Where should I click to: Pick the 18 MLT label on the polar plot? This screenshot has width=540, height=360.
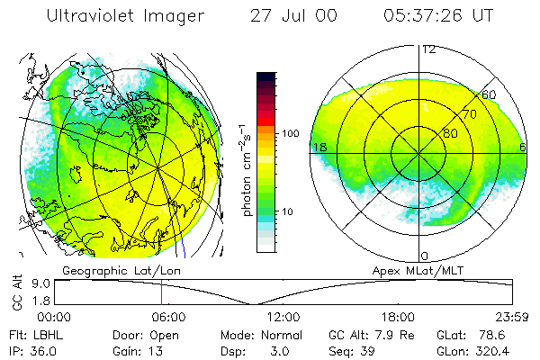coord(319,147)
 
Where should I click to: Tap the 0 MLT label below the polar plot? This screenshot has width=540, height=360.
coord(425,256)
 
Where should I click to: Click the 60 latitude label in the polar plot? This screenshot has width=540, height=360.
coord(489,94)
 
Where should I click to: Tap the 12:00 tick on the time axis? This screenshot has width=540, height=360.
coord(283,318)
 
